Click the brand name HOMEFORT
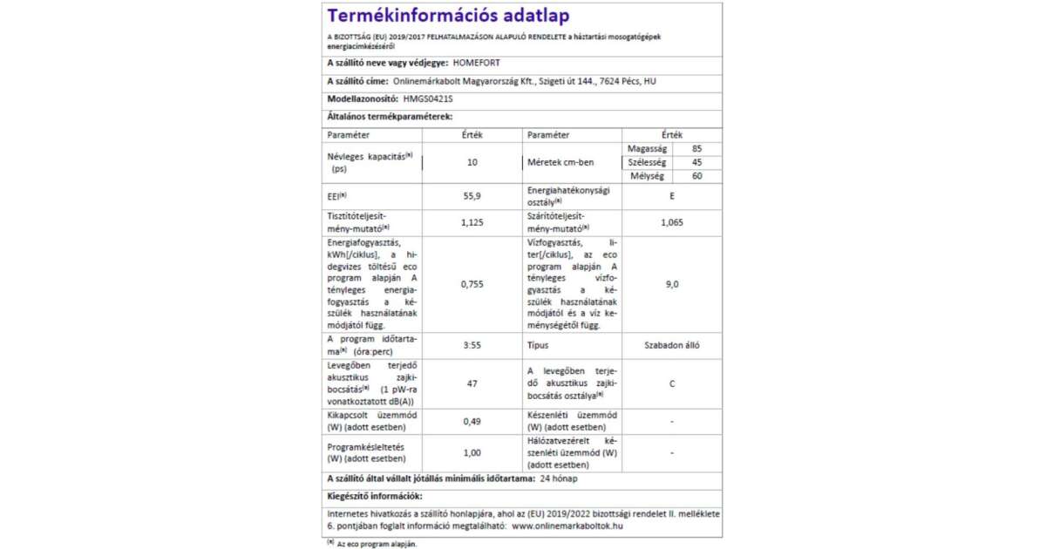(x=479, y=64)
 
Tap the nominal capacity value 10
(x=472, y=163)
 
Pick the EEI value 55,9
(x=472, y=196)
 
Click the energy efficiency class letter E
(x=671, y=196)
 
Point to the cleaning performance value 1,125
(x=472, y=222)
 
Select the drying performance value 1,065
(x=671, y=222)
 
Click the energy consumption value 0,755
(x=472, y=283)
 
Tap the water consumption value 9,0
(x=671, y=283)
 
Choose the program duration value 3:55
(x=472, y=345)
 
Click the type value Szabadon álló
(x=671, y=345)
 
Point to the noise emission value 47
(x=472, y=383)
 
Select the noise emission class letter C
(x=671, y=383)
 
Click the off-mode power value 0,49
(x=472, y=422)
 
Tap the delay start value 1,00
(x=472, y=453)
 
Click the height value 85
(x=696, y=149)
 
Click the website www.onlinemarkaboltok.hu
(x=567, y=525)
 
